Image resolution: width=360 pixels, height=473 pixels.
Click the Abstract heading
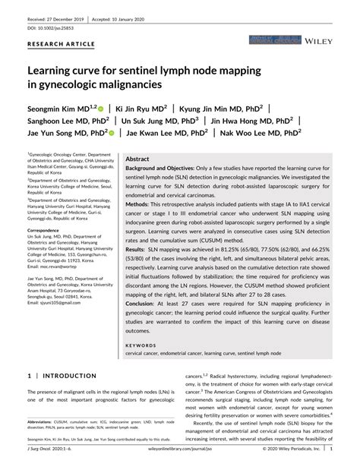(x=137, y=159)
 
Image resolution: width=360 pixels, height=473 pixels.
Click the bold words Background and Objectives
(x=162, y=168)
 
